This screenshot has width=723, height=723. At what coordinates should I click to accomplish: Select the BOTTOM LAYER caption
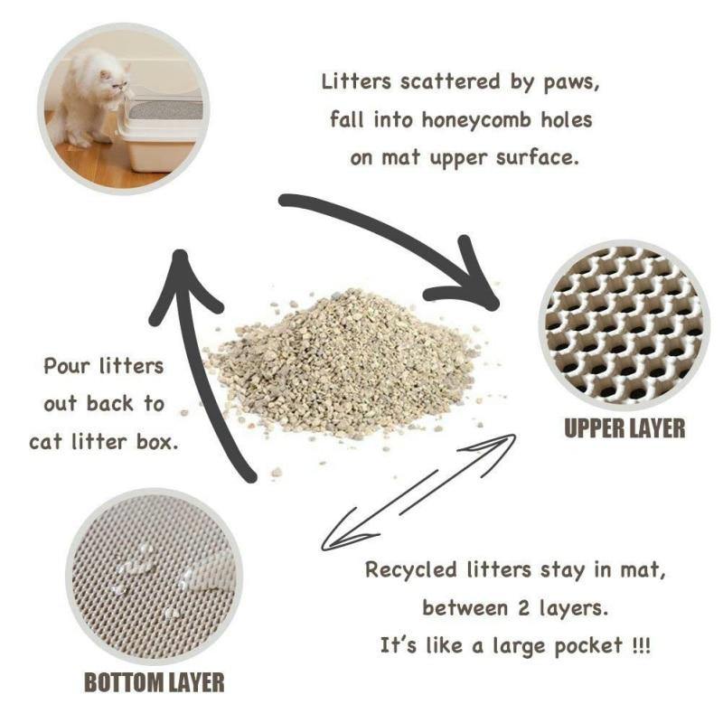pos(154,681)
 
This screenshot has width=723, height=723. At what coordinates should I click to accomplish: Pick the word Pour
pos(68,367)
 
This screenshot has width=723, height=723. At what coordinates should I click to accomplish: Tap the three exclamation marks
pos(640,647)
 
